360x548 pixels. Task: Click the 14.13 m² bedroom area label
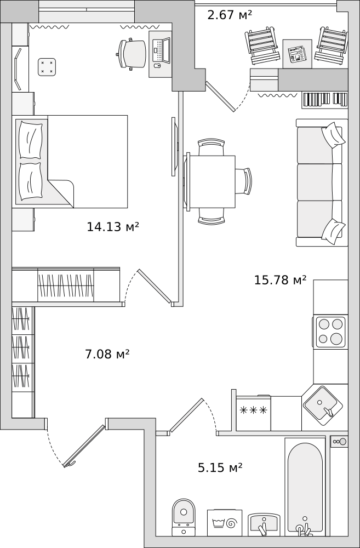tap(113, 227)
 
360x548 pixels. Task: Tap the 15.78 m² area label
tap(281, 280)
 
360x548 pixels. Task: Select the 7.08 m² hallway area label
tap(107, 354)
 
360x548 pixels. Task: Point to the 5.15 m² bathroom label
tap(220, 467)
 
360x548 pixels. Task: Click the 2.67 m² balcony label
tap(230, 15)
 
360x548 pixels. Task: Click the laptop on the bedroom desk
tap(161, 50)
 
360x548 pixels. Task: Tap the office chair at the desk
tap(132, 54)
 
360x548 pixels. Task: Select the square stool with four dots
tap(47, 67)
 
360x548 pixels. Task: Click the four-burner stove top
tap(330, 332)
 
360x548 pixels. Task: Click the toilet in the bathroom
tap(184, 517)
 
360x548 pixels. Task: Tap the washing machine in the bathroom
tap(225, 522)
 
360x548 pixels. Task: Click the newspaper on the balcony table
tap(297, 54)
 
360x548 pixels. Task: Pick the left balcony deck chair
tap(262, 46)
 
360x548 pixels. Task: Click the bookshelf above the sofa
tap(325, 100)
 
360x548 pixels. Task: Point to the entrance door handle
tap(71, 464)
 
